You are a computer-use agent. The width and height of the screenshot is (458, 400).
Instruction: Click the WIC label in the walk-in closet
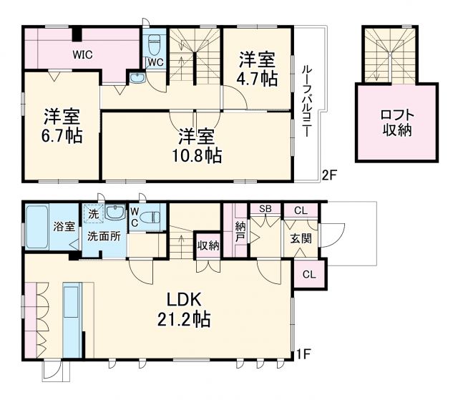click(x=80, y=52)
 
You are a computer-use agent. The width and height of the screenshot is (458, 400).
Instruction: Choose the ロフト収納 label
click(x=396, y=123)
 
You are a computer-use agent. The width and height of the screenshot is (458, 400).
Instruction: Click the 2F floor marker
click(x=328, y=174)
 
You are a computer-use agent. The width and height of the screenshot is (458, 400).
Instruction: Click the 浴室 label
click(x=63, y=228)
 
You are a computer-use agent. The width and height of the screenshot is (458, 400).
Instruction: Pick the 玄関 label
click(x=301, y=238)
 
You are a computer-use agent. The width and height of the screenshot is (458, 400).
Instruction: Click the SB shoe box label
click(x=265, y=209)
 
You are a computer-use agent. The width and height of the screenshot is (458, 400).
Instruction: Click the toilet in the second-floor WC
click(x=153, y=45)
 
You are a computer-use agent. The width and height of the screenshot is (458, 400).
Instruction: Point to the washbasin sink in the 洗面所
click(x=114, y=212)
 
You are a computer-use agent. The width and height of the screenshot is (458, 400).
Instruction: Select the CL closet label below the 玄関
click(x=308, y=275)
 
